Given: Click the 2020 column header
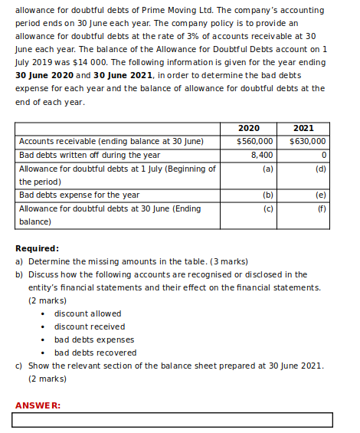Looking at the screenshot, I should pos(248,129).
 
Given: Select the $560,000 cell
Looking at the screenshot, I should pos(255,142).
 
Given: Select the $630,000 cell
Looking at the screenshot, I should pos(308,142).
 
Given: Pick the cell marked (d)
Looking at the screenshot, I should pos(320,168).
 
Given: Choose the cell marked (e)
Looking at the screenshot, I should pos(320,195).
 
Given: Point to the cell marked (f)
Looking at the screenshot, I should pos(321,208).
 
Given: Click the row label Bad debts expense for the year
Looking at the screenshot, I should pos(79,195).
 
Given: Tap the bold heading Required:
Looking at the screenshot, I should pos(38,248).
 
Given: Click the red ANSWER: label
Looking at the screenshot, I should pos(38,405).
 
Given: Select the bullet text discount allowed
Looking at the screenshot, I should pos(87,313).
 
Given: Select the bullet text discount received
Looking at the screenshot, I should pos(90,326).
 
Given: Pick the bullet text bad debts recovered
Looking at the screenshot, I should pos(95,353).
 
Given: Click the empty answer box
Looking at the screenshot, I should pos(173,420).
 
